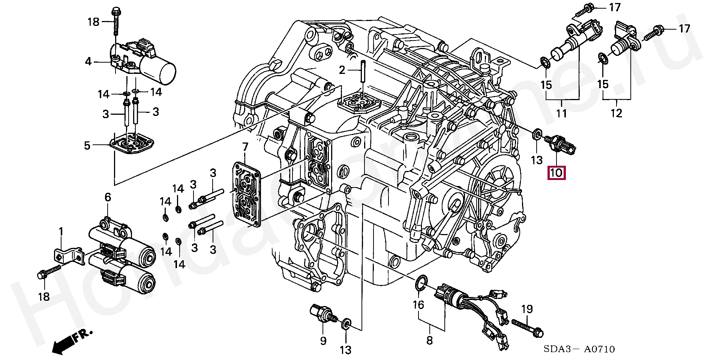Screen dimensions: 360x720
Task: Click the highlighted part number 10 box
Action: click(556, 173)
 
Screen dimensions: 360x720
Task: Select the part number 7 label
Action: click(245, 146)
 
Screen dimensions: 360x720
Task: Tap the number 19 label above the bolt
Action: click(527, 309)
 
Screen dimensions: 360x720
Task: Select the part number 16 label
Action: click(418, 305)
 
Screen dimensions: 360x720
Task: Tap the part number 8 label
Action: click(430, 340)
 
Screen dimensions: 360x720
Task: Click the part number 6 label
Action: click(108, 197)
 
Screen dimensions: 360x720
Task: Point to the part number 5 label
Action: click(87, 145)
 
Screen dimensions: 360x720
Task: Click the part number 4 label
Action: click(88, 61)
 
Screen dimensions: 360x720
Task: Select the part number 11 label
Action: click(561, 112)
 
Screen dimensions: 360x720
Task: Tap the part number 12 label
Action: click(616, 112)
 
